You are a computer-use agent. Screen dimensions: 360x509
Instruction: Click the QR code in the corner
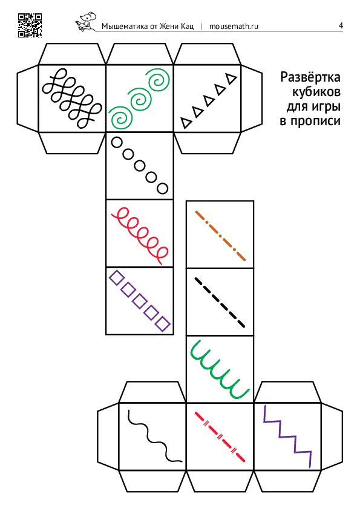click(30, 25)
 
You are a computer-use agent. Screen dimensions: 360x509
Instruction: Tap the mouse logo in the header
click(86, 22)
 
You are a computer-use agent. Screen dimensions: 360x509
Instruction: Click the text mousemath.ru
click(234, 26)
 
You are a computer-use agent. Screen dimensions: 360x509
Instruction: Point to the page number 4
click(341, 25)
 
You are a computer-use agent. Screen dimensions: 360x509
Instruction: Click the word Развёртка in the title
click(310, 77)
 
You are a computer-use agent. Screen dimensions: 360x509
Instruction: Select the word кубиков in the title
click(316, 92)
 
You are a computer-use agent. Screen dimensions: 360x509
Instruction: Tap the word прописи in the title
click(315, 121)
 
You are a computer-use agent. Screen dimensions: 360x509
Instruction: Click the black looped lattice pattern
click(72, 98)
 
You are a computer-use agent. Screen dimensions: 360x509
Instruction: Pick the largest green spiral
click(159, 79)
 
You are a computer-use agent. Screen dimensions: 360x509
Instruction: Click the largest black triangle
click(231, 78)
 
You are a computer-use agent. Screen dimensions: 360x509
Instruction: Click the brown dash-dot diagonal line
click(220, 236)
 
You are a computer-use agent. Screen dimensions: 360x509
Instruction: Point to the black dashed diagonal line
click(220, 302)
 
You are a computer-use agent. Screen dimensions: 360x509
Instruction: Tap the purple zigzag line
click(287, 436)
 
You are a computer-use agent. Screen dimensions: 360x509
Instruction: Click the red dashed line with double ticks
click(220, 436)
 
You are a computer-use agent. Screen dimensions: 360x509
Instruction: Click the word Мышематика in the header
click(125, 26)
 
